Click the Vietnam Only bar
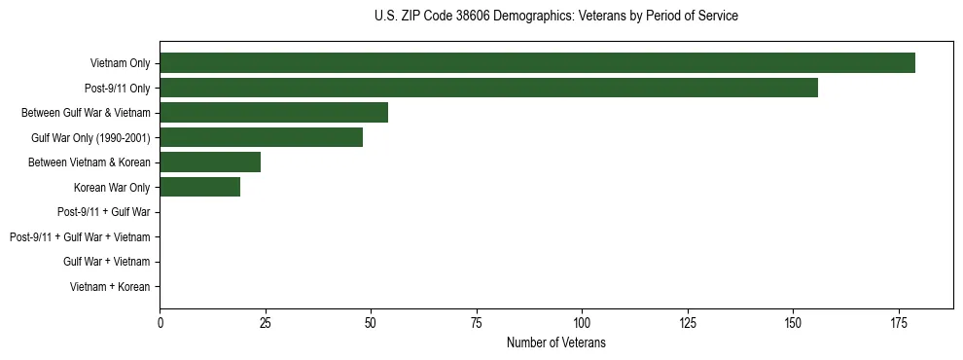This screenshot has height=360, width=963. pos(537,62)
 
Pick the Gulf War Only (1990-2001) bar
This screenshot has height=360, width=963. pos(261,137)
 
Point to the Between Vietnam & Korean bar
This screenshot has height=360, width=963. pos(210,162)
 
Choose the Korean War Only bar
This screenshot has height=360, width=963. pos(199,187)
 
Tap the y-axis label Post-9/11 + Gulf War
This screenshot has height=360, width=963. pos(104,212)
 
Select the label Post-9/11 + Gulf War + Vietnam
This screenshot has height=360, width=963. pos(80,237)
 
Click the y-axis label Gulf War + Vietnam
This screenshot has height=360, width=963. pos(106,262)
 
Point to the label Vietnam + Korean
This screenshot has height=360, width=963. pos(110,287)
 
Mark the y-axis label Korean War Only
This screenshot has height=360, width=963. pos(112,187)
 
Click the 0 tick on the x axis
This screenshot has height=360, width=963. pos(160,322)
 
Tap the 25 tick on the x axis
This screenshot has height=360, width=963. pos(266,322)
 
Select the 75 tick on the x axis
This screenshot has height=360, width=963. pos(477,322)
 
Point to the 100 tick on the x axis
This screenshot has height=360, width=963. pos(582,322)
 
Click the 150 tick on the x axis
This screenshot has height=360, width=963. pos(793,322)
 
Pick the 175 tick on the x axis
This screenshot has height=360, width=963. pos(898,322)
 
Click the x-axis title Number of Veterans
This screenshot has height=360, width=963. pos(556,342)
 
